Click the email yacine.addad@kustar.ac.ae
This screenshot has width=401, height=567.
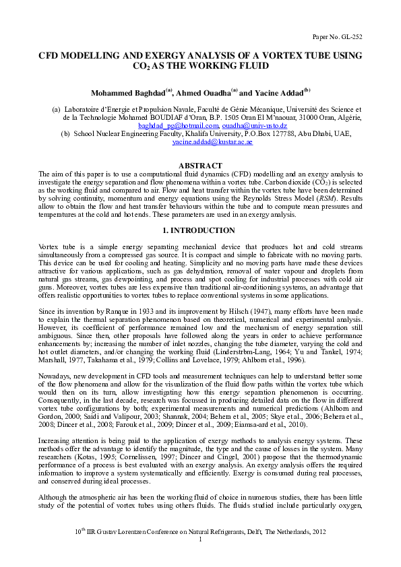[206, 143]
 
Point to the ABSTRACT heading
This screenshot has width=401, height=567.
[199, 166]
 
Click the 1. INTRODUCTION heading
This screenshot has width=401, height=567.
[200, 231]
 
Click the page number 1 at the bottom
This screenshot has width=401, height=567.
[200, 541]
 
